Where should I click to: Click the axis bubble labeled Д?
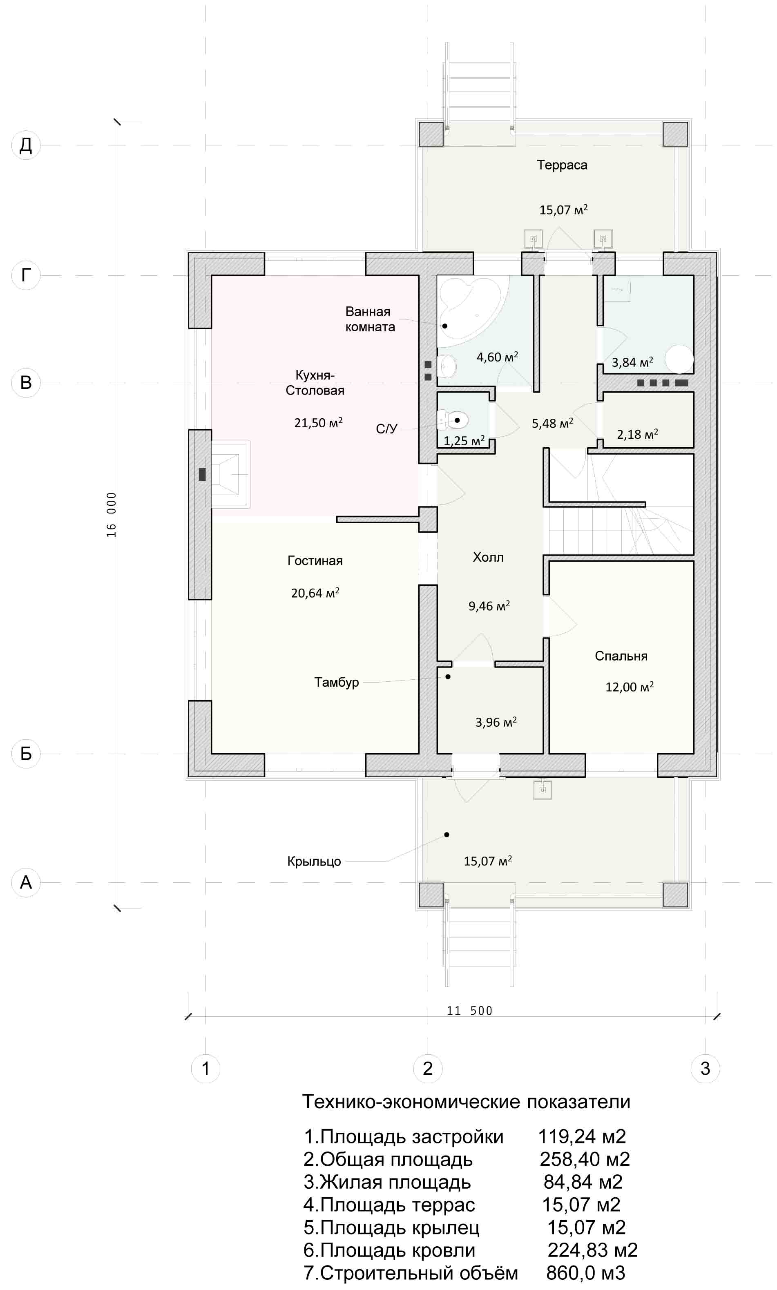click(26, 145)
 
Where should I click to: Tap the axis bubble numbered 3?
click(705, 1068)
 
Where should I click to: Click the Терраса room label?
click(562, 165)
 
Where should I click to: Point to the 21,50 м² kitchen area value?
click(318, 422)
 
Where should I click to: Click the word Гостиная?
click(315, 561)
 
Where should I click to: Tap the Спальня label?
click(621, 656)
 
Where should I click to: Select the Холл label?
click(488, 557)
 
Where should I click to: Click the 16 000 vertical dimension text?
click(112, 515)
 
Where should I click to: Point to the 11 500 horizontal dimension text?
click(470, 1011)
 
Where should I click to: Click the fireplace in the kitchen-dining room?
click(230, 474)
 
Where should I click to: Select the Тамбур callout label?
click(337, 683)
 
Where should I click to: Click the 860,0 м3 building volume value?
click(585, 1273)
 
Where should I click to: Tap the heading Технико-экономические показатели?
click(467, 1102)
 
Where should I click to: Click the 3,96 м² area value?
click(496, 723)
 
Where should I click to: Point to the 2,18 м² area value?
click(637, 434)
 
